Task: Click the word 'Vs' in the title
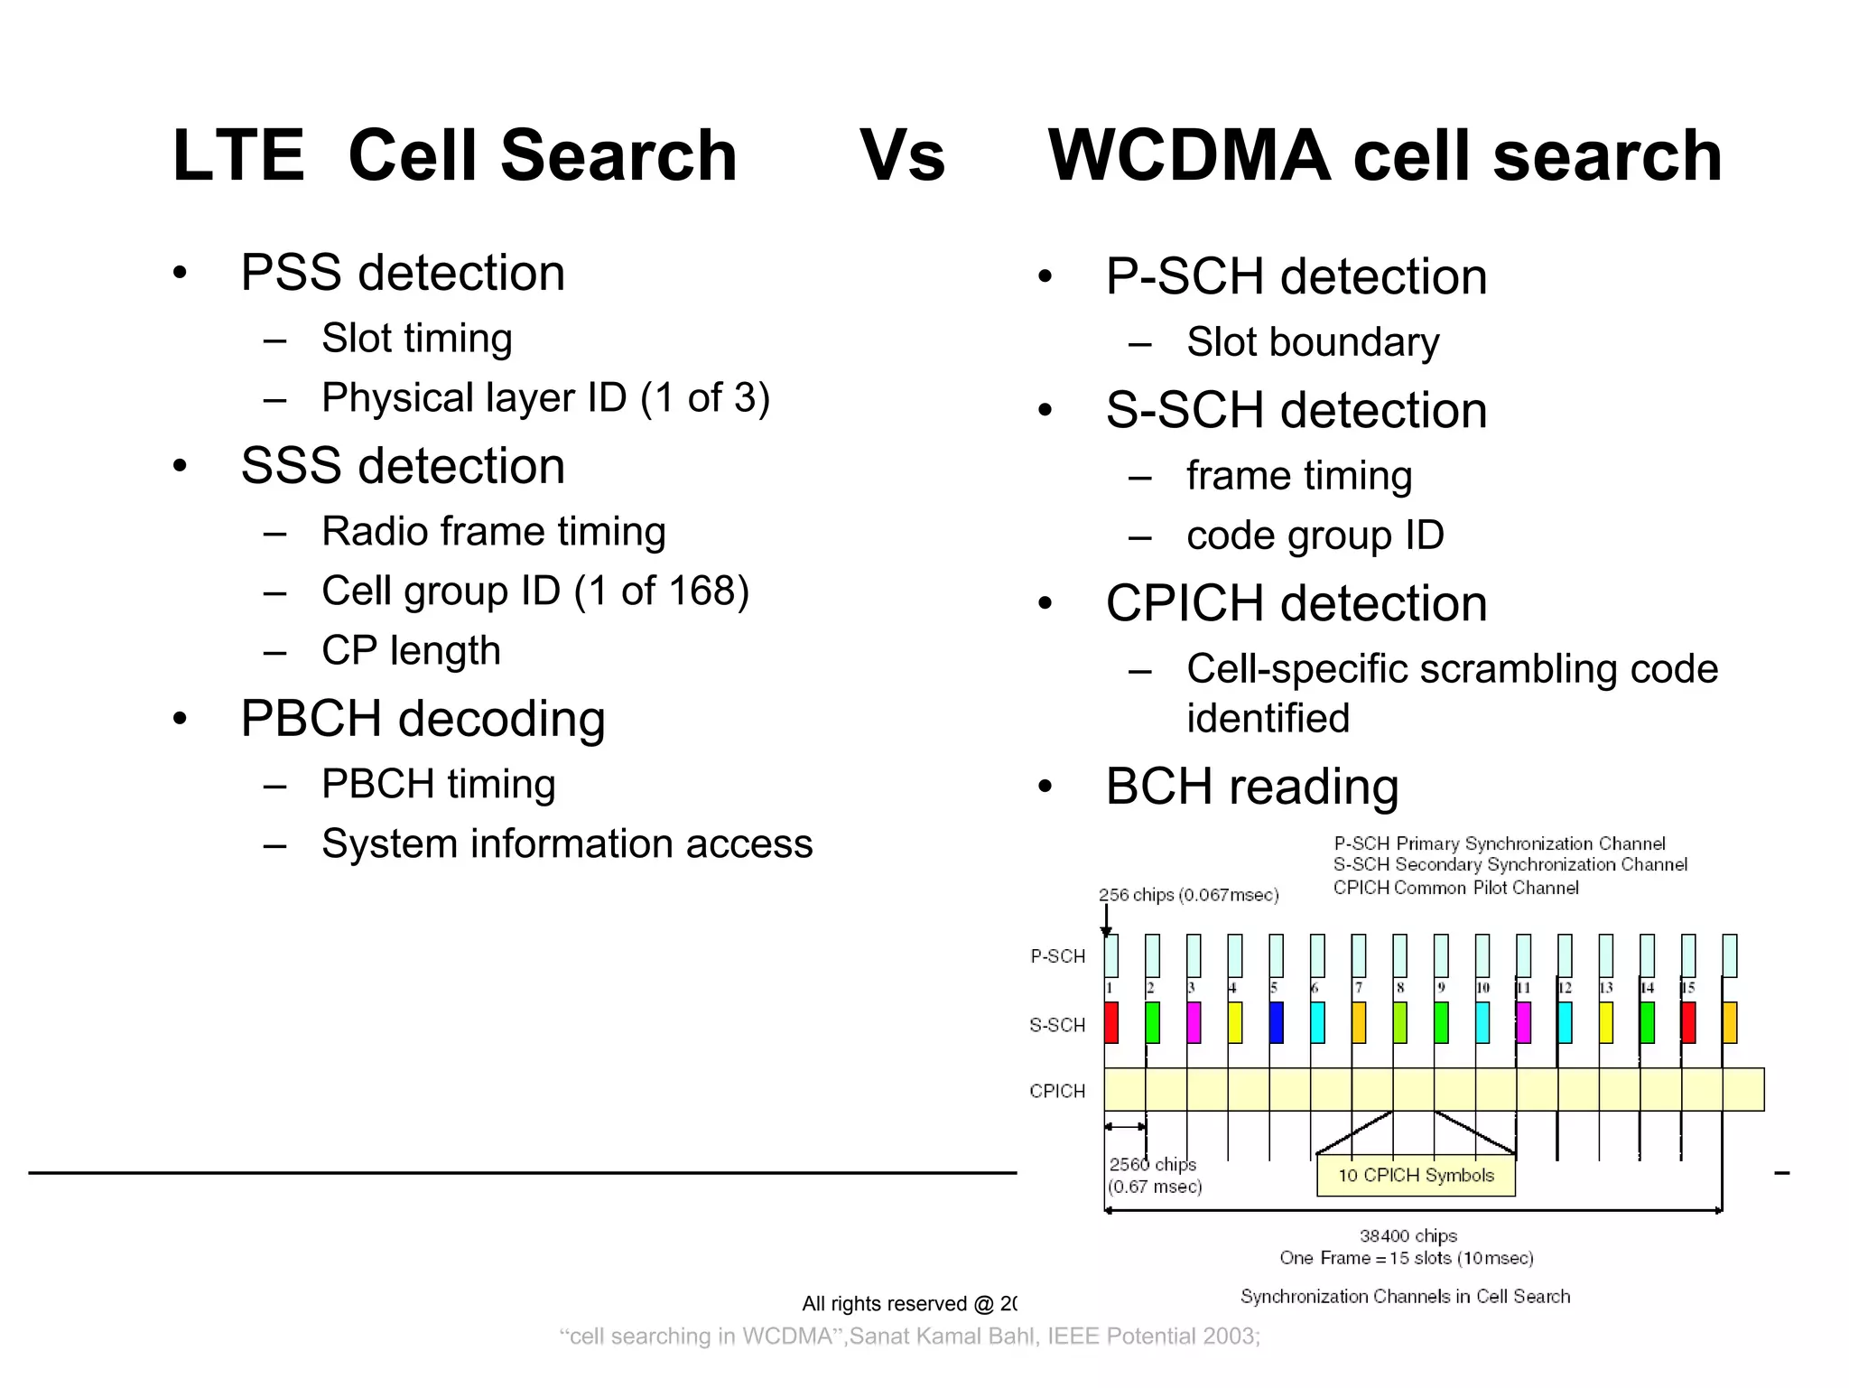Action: [x=901, y=156]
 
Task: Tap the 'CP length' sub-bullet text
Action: [x=411, y=651]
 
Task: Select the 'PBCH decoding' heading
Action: [x=423, y=719]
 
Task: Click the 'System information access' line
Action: [x=567, y=844]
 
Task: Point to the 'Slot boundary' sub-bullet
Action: [x=1313, y=343]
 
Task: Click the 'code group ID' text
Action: [x=1315, y=536]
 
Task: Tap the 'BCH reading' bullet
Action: [x=1252, y=787]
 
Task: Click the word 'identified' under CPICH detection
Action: [x=1268, y=720]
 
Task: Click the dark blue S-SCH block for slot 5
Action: [x=1276, y=1023]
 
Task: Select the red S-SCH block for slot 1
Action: [x=1111, y=1023]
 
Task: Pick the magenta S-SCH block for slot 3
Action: [x=1194, y=1023]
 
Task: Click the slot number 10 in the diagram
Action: [x=1482, y=988]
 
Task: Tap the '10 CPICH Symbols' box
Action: [x=1416, y=1176]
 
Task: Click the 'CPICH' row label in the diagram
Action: [x=1057, y=1092]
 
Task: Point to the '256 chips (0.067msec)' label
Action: [x=1188, y=895]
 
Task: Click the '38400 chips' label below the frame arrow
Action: [x=1408, y=1236]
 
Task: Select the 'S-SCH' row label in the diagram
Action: [x=1057, y=1026]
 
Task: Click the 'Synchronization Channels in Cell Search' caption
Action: [x=1405, y=1297]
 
